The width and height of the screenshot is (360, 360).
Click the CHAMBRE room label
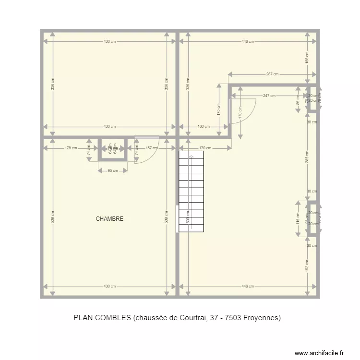[x=109, y=219]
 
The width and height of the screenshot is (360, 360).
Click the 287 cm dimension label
[x=272, y=74]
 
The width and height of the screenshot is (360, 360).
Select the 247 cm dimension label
[x=269, y=96]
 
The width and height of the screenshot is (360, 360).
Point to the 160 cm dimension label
[x=204, y=127]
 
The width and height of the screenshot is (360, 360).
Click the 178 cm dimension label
[x=71, y=148]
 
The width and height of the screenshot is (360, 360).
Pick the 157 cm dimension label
[x=152, y=148]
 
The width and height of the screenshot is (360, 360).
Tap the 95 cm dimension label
[x=113, y=170]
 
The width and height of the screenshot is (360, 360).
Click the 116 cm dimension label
[x=298, y=219]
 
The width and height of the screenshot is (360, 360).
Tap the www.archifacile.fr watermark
[x=319, y=353]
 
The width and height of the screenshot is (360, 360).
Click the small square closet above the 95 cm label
[x=113, y=149]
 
